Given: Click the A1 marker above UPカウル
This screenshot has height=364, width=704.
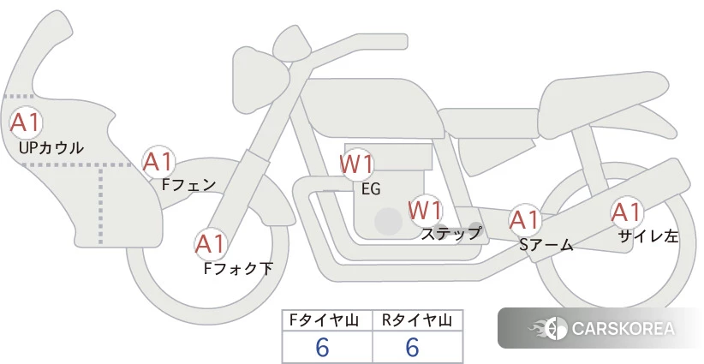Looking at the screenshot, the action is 26,123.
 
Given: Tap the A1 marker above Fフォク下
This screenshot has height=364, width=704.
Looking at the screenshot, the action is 210,245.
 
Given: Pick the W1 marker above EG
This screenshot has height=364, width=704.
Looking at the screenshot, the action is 356,164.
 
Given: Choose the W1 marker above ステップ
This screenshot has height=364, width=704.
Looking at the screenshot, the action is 425,211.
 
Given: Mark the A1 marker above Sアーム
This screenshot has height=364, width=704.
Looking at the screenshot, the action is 525,220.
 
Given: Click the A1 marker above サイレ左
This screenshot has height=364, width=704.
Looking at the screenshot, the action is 626,212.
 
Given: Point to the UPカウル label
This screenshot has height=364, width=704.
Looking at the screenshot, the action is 51,147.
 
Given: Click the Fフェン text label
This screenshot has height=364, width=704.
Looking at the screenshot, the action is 188,184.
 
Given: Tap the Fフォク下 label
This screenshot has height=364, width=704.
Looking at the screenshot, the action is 238,268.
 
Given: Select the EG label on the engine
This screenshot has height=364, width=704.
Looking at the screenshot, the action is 371,189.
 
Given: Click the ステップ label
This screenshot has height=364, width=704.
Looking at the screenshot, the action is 450,234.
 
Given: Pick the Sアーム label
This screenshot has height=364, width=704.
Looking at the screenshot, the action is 546,245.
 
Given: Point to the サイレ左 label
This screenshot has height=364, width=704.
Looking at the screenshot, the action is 647,236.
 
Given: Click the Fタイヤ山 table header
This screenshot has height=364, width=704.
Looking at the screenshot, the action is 324,320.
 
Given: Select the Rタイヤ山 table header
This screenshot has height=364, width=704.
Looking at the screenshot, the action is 417,320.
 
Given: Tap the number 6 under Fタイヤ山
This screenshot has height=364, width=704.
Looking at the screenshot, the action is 322,347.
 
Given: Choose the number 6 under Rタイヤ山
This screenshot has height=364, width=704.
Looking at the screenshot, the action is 412,347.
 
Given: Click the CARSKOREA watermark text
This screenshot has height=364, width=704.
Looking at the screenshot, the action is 623,329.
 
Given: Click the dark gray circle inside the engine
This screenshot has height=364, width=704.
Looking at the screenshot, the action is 388,221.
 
